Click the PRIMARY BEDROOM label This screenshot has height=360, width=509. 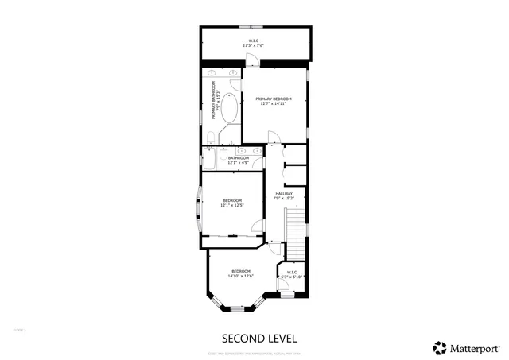pos(274,99)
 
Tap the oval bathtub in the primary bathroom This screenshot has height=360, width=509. pos(229,109)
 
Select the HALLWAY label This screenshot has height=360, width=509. pos(284,193)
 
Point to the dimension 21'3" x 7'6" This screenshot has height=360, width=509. pos(253,45)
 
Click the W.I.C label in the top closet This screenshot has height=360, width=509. pos(253,40)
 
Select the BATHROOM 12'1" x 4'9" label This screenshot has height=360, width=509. pos(239,160)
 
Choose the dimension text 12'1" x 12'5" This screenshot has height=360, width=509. pos(231,205)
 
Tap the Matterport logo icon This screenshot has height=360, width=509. pos(438,347)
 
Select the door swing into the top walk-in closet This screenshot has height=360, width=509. pos(300,64)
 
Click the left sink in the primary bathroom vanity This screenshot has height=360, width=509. pos(213,73)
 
